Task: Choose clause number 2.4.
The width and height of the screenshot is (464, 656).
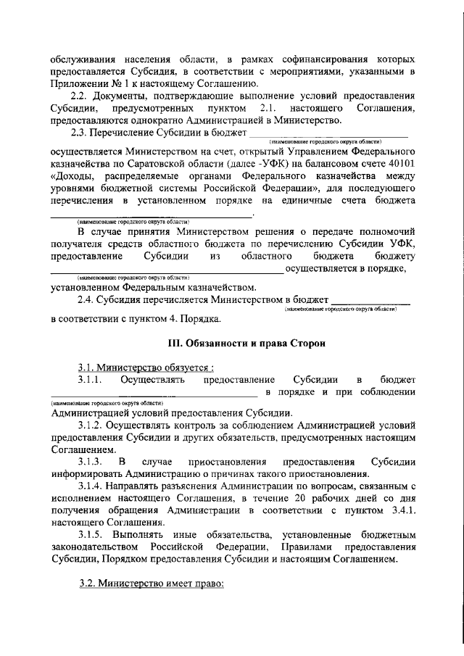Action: [87, 299]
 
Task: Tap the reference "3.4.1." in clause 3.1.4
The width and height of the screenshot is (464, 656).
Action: [399, 511]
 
